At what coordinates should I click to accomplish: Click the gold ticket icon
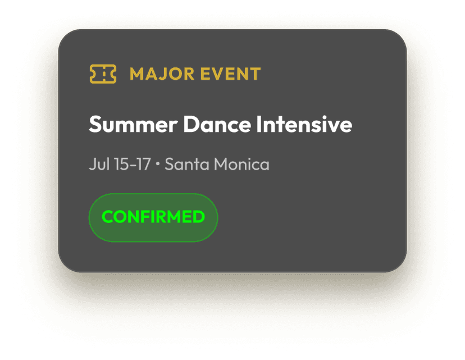tap(103, 74)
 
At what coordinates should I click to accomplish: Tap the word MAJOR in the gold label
tap(162, 74)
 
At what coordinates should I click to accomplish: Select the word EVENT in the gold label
tap(231, 74)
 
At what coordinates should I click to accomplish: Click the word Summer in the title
tap(134, 125)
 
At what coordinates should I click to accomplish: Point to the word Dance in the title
tap(217, 125)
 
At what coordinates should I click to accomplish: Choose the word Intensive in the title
tap(304, 124)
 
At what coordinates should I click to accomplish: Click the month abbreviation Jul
tap(99, 165)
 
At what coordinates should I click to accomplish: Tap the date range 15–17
tap(133, 165)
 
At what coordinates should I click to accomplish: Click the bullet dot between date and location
tap(158, 163)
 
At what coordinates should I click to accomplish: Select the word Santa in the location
tap(187, 165)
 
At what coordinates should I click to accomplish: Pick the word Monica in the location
tap(241, 165)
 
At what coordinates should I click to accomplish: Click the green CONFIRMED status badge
tap(153, 217)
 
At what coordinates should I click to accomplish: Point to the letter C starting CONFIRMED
tap(108, 217)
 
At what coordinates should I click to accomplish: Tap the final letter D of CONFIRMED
tap(199, 217)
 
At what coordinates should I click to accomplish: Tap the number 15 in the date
tap(122, 165)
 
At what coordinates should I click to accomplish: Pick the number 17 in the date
tap(144, 165)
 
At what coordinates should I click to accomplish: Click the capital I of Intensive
tap(258, 125)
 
